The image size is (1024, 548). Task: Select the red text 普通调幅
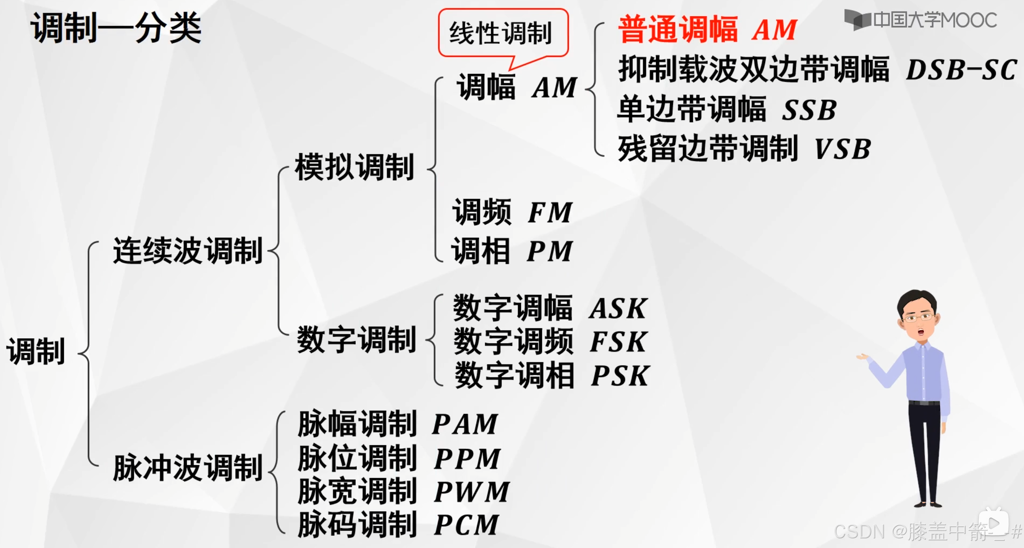[678, 30]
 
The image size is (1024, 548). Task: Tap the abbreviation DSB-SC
[961, 70]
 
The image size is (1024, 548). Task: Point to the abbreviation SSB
[809, 110]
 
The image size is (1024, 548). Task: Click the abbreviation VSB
[842, 149]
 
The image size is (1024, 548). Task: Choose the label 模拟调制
[354, 167]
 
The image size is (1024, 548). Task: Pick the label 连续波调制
[188, 251]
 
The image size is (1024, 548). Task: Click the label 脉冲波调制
[188, 468]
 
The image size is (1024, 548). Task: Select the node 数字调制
[356, 340]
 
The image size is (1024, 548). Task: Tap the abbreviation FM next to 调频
[550, 213]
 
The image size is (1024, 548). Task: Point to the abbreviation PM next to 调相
[550, 251]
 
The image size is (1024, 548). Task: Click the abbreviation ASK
[618, 309]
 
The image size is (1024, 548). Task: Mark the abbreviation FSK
[618, 342]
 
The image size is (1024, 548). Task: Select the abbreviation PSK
[620, 376]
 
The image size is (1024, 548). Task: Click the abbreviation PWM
[471, 492]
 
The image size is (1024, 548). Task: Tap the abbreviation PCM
[466, 525]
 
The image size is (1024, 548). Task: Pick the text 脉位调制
[357, 458]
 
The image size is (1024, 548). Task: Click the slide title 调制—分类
[116, 27]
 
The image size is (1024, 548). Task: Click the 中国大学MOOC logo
[921, 20]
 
